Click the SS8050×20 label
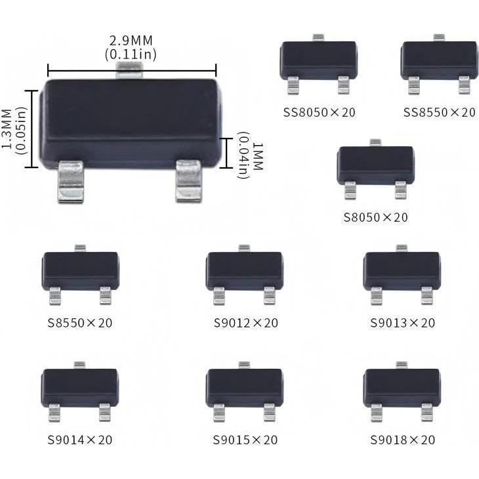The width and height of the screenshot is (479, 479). coord(319,112)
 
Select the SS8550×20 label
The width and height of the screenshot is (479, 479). coord(439,112)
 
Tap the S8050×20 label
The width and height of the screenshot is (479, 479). coord(375,217)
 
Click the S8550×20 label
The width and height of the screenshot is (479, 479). coord(80,323)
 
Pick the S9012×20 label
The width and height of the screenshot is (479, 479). coord(246,323)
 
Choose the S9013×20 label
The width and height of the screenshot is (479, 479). coord(402,323)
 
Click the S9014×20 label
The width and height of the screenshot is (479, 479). coord(80,440)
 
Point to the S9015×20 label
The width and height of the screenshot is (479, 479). coord(245,440)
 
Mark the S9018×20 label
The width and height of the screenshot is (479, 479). coord(402,440)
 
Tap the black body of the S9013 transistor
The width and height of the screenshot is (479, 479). coord(402,270)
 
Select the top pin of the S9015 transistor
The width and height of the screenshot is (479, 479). coord(244,365)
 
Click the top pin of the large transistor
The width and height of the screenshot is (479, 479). coord(131,69)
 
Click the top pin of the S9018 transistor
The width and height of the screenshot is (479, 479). coord(402,365)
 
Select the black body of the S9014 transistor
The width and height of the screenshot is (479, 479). coord(80,386)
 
